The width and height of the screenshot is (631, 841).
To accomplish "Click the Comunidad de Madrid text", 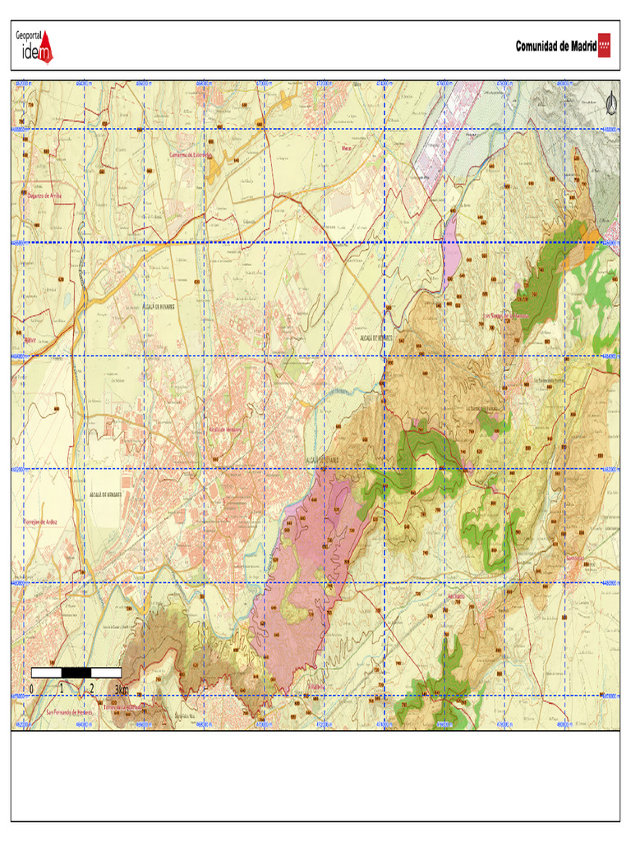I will coord(555,46).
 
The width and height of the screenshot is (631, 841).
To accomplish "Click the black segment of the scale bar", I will coord(76,673).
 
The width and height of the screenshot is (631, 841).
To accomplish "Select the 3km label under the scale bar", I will coord(122,688).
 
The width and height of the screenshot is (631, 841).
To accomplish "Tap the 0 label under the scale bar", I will coord(31,688).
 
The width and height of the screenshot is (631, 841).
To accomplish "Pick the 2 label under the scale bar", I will coord(92,688).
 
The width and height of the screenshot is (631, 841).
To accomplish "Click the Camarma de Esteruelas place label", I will coord(191,154).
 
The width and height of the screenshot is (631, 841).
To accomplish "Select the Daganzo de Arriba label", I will coord(45,195).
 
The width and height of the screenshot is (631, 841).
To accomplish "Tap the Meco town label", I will coord(347,149).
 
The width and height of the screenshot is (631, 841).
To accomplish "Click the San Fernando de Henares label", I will coord(69,712).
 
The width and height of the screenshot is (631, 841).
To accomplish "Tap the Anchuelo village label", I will coord(454,595).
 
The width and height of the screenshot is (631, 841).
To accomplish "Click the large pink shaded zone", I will coord(304,575).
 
